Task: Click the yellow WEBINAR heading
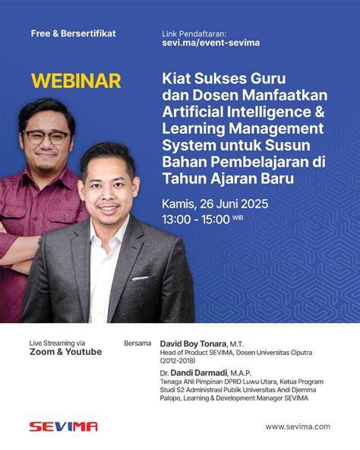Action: coord(76,81)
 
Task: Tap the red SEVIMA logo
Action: coord(63,426)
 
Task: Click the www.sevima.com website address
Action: coord(298,426)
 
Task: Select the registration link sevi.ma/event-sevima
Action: coord(211,43)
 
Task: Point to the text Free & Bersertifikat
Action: coord(73,33)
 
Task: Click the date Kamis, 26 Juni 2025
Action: coord(215,204)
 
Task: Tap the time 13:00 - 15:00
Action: coord(196,220)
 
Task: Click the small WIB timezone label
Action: coord(238,217)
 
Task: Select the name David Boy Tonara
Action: coord(193,344)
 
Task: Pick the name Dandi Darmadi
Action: coord(199,372)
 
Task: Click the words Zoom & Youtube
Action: coord(65,351)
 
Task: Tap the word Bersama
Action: coord(137,344)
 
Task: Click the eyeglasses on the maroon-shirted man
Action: coord(47,137)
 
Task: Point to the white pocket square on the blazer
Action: coord(141,278)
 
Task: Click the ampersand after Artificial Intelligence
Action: coord(319,112)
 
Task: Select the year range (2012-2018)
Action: coord(178,360)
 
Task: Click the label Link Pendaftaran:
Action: coord(194,34)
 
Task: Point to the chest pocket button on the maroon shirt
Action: coord(9,214)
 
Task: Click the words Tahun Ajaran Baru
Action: coord(229,179)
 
